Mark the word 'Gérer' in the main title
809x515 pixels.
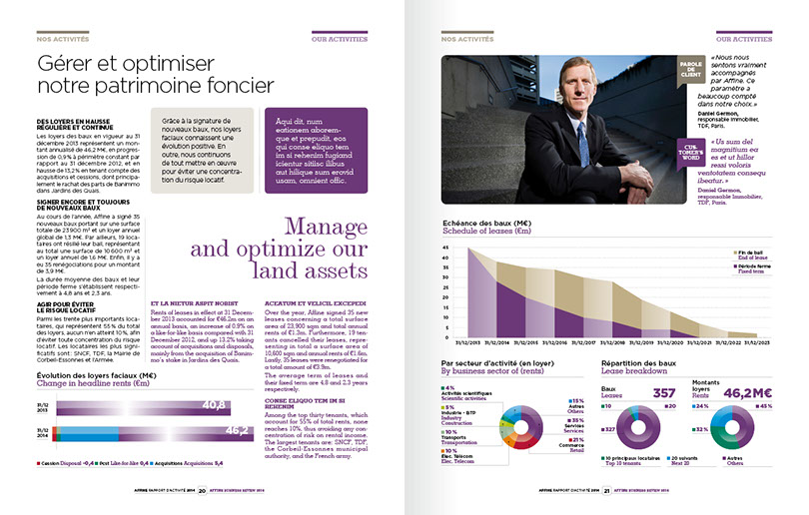(67, 64)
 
